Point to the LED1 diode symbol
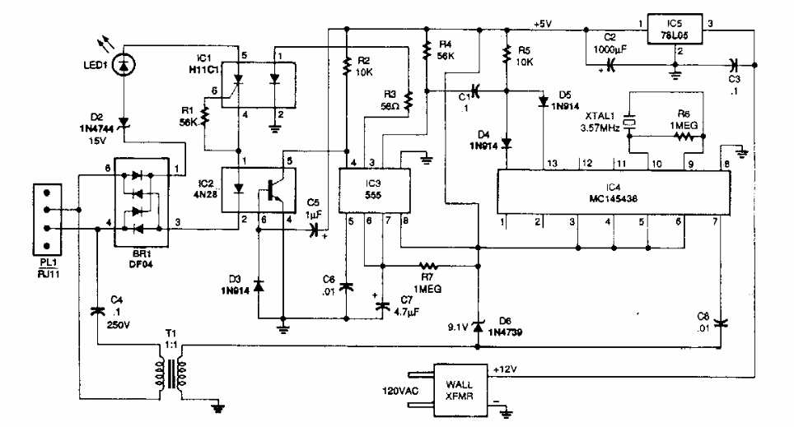(x=124, y=62)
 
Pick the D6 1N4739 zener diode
(x=478, y=322)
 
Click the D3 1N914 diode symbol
(x=258, y=285)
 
